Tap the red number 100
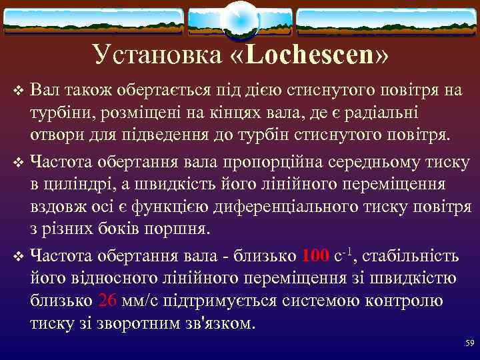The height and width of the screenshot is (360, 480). pyautogui.click(x=315, y=255)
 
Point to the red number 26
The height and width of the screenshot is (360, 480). pyautogui.click(x=107, y=301)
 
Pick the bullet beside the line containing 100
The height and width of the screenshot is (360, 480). pyautogui.click(x=18, y=256)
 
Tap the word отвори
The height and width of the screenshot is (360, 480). pyautogui.click(x=55, y=135)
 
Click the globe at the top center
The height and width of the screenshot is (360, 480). pyautogui.click(x=239, y=19)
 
